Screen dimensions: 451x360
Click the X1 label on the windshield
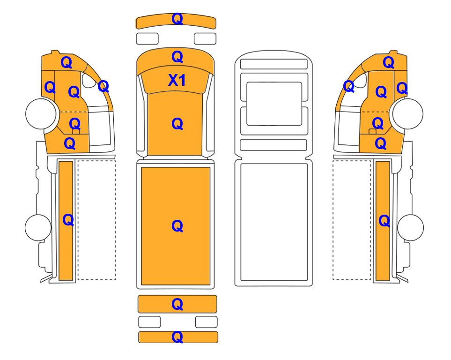[x=177, y=80]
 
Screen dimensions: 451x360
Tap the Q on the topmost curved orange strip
[x=177, y=19]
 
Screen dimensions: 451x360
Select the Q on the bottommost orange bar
[x=177, y=337]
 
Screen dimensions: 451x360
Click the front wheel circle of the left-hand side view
[x=41, y=113]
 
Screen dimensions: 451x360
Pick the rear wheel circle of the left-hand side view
[x=38, y=227]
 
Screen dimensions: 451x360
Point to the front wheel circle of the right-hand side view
[x=408, y=113]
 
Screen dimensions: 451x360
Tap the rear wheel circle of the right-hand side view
[x=410, y=227]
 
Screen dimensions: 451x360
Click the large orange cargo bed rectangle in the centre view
[x=176, y=226]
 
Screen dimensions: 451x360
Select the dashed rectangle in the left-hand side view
[x=96, y=220]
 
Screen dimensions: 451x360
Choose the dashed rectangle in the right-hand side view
[x=352, y=220]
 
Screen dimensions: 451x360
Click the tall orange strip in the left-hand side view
[x=66, y=221]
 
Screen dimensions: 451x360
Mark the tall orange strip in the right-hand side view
[x=383, y=221]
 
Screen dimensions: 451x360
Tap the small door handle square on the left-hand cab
[x=76, y=132]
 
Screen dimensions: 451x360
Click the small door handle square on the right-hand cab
[x=372, y=132]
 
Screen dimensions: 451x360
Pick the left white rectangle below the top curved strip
[x=147, y=38]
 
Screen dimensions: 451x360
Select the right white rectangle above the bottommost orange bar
[x=206, y=322]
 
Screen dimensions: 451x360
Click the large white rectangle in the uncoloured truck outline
[x=274, y=222]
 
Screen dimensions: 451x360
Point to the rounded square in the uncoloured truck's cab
[x=274, y=104]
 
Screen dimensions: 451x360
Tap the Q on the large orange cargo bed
[x=177, y=226]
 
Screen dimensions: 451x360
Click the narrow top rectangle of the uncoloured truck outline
[x=274, y=64]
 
